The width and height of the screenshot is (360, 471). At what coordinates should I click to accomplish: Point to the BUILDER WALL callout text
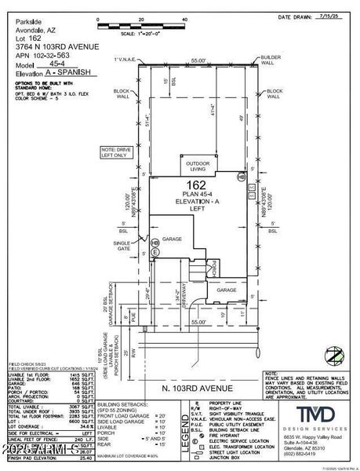[271, 60]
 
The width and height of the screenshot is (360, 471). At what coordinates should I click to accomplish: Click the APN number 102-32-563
[50, 56]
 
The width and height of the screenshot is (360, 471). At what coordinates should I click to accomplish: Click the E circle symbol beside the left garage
[155, 253]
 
